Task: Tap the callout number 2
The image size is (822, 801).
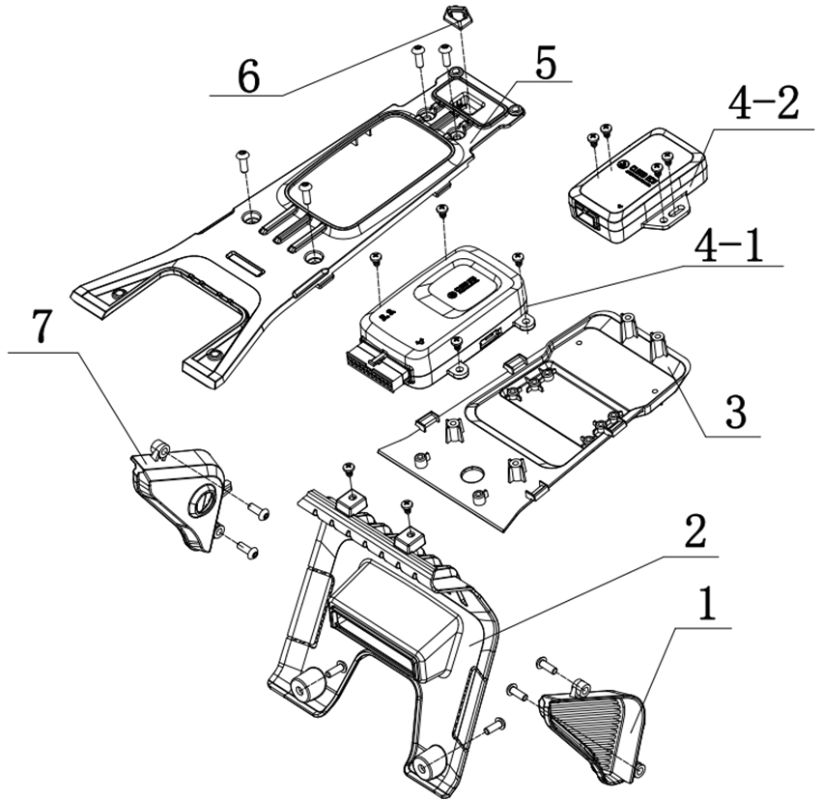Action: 695,530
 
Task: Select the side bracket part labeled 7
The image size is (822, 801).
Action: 181,496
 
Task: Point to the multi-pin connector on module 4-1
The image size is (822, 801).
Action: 371,369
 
